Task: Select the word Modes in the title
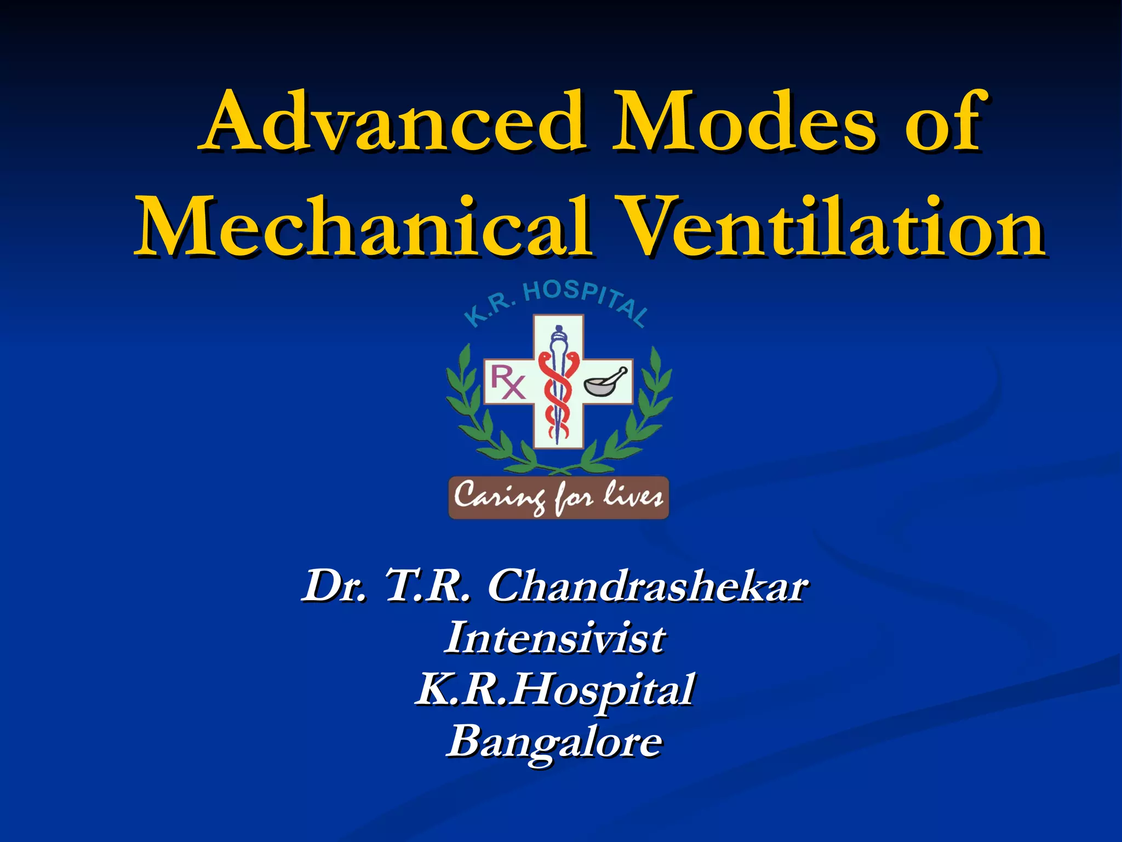(x=743, y=122)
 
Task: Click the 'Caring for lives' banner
(x=558, y=497)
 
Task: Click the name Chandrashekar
(x=647, y=586)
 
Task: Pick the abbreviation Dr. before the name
(x=334, y=586)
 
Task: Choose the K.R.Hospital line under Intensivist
(x=555, y=689)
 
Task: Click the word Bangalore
(x=555, y=741)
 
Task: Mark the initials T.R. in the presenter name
(x=427, y=586)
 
